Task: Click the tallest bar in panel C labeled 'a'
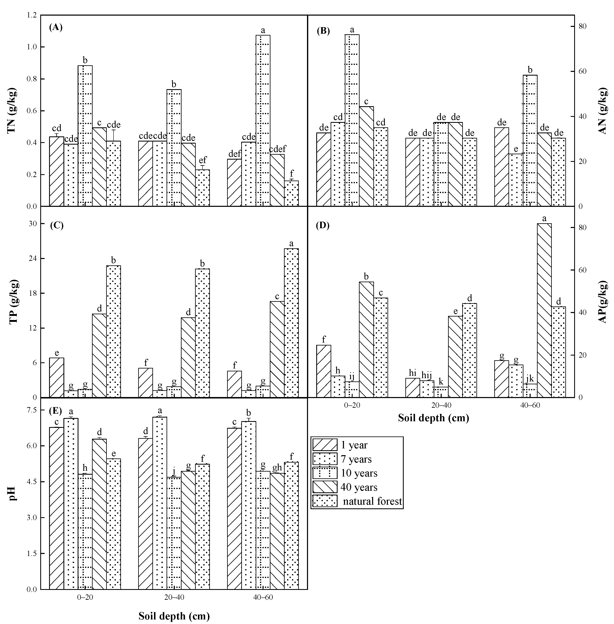coord(291,322)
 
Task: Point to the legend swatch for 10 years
coord(325,473)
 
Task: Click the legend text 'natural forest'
coord(373,501)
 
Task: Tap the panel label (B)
coord(323,31)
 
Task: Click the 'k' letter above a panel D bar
coord(441,382)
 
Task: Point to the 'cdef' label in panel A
coord(277,149)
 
